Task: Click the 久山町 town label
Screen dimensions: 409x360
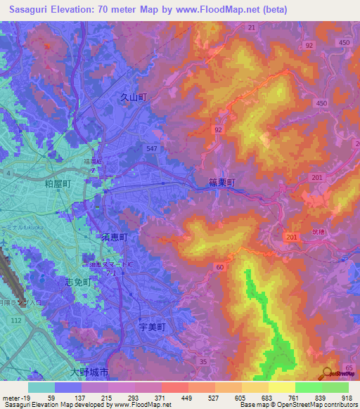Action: click(133, 98)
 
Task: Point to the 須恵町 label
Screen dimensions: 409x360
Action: click(112, 238)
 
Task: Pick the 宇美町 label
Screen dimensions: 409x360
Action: click(150, 327)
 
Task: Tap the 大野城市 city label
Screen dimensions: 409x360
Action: click(89, 371)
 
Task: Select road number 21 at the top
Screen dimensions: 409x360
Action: click(252, 27)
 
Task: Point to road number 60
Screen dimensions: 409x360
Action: click(220, 267)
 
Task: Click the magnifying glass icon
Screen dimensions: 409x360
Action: click(328, 373)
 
